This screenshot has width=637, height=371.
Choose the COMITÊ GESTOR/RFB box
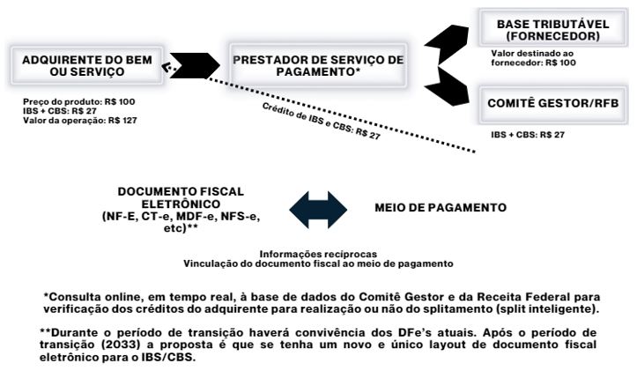[x=552, y=103]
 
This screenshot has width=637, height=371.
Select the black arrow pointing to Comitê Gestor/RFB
[x=450, y=93]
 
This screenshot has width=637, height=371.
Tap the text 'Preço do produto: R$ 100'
[x=67, y=102]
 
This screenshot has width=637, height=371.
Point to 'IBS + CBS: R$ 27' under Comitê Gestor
[x=527, y=135]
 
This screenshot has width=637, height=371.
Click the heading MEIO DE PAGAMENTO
[x=441, y=209]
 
